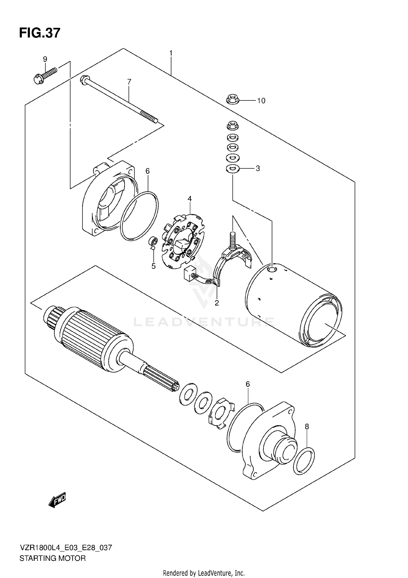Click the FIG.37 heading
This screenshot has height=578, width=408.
[40, 33]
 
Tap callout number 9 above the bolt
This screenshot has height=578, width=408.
[45, 59]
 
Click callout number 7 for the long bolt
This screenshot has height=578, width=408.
[129, 81]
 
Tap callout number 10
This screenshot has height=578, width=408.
[261, 101]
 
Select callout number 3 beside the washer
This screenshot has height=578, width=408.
[258, 168]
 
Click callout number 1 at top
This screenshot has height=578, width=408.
[171, 53]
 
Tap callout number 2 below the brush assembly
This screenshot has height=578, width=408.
[217, 303]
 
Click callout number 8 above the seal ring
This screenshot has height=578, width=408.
[307, 427]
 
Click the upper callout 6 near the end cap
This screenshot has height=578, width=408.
[147, 171]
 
